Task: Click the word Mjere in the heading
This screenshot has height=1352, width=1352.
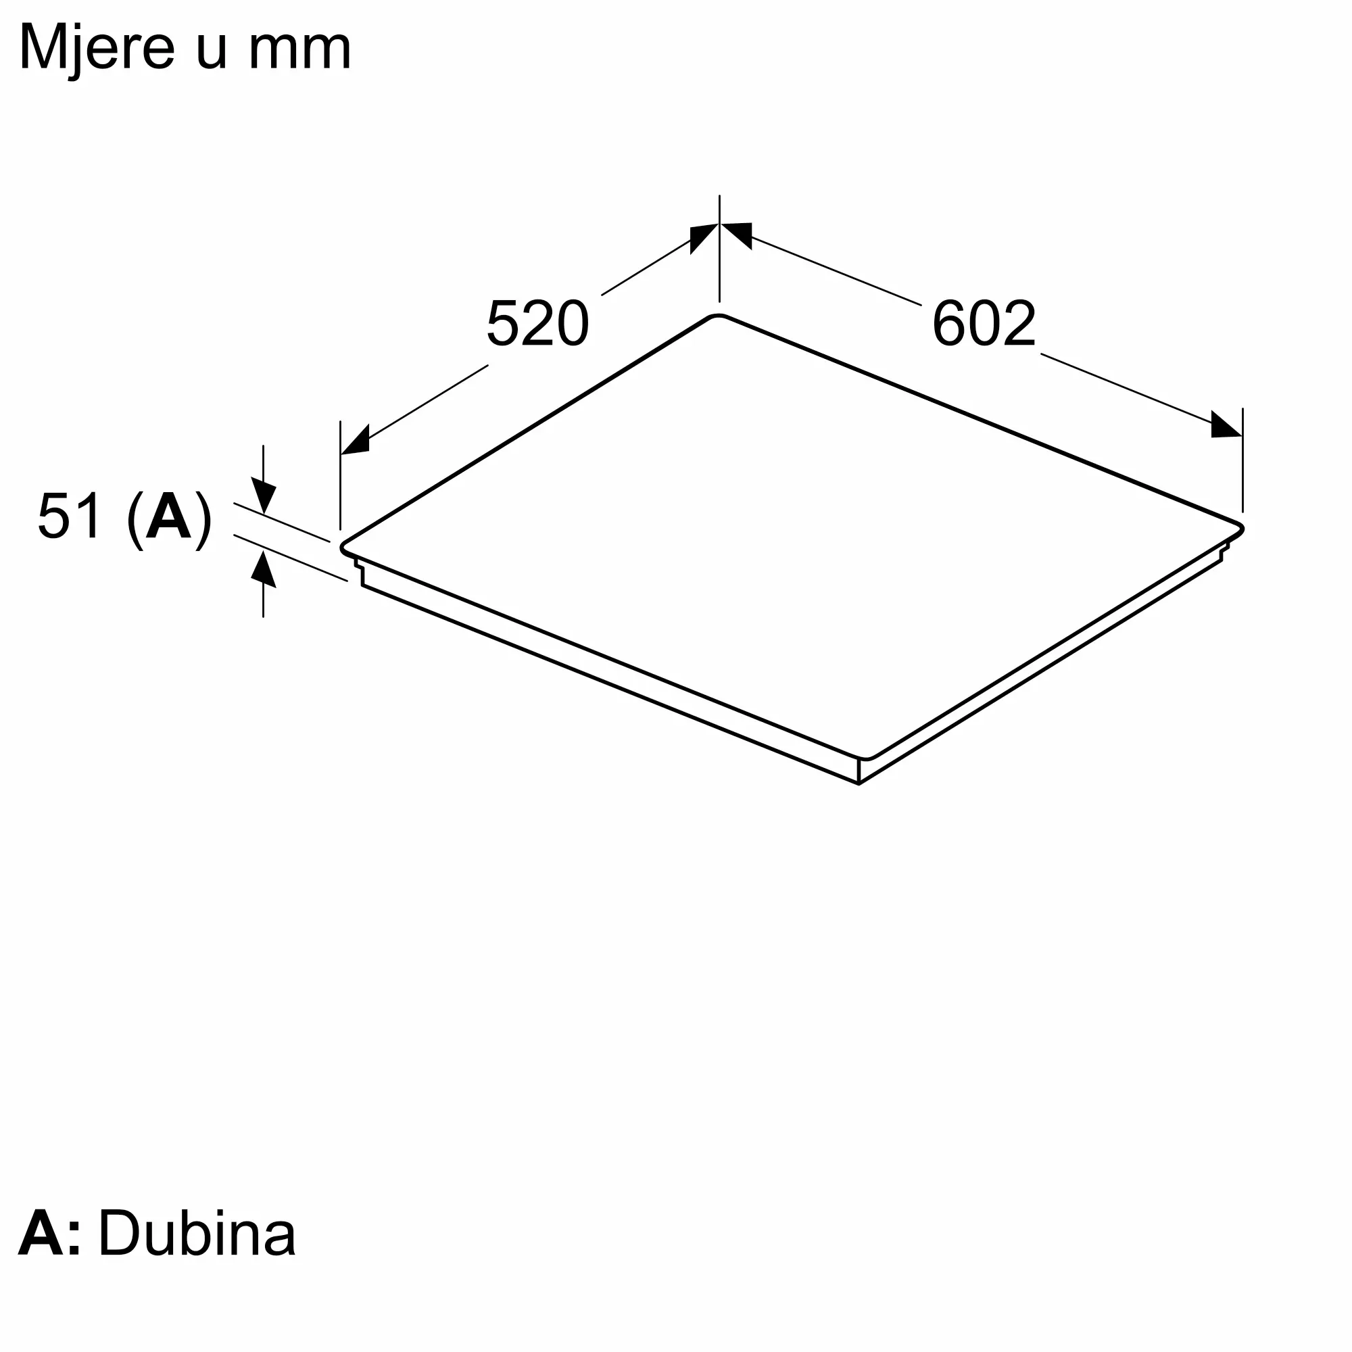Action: coord(97,49)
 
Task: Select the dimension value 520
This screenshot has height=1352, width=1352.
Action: coord(537,323)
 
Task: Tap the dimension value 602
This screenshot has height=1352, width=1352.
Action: coord(984,323)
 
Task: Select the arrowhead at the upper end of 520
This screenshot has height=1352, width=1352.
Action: coord(703,238)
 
